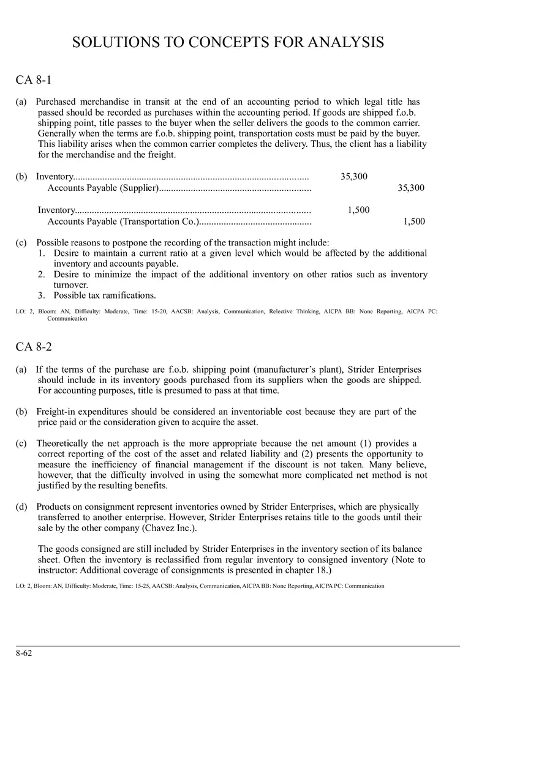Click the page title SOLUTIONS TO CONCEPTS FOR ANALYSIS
coord(228,42)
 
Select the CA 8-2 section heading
coord(34,347)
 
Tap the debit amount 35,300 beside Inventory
coord(354,177)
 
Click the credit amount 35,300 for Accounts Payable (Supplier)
coord(411,188)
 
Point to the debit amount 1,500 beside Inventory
coord(359,210)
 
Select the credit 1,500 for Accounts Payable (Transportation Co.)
coord(414,221)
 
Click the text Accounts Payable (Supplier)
coord(103,188)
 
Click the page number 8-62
coord(24,653)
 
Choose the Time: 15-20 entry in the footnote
coord(148,311)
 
